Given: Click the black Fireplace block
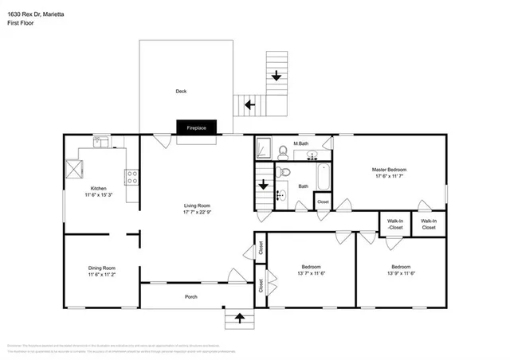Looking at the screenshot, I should pyautogui.click(x=196, y=127).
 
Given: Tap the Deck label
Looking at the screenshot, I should pyautogui.click(x=181, y=92).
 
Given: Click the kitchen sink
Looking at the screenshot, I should pyautogui.click(x=101, y=143).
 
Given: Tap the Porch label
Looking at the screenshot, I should pyautogui.click(x=190, y=297).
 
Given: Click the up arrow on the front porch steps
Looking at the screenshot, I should pyautogui.click(x=237, y=319).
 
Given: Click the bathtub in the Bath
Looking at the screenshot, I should pyautogui.click(x=323, y=178).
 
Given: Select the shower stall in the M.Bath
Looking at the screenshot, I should pyautogui.click(x=265, y=148).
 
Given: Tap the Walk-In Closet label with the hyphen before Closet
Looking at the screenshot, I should pyautogui.click(x=394, y=224).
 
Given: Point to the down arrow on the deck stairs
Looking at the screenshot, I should pyautogui.click(x=277, y=76).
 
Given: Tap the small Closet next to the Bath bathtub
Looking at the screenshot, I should pyautogui.click(x=323, y=202).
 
